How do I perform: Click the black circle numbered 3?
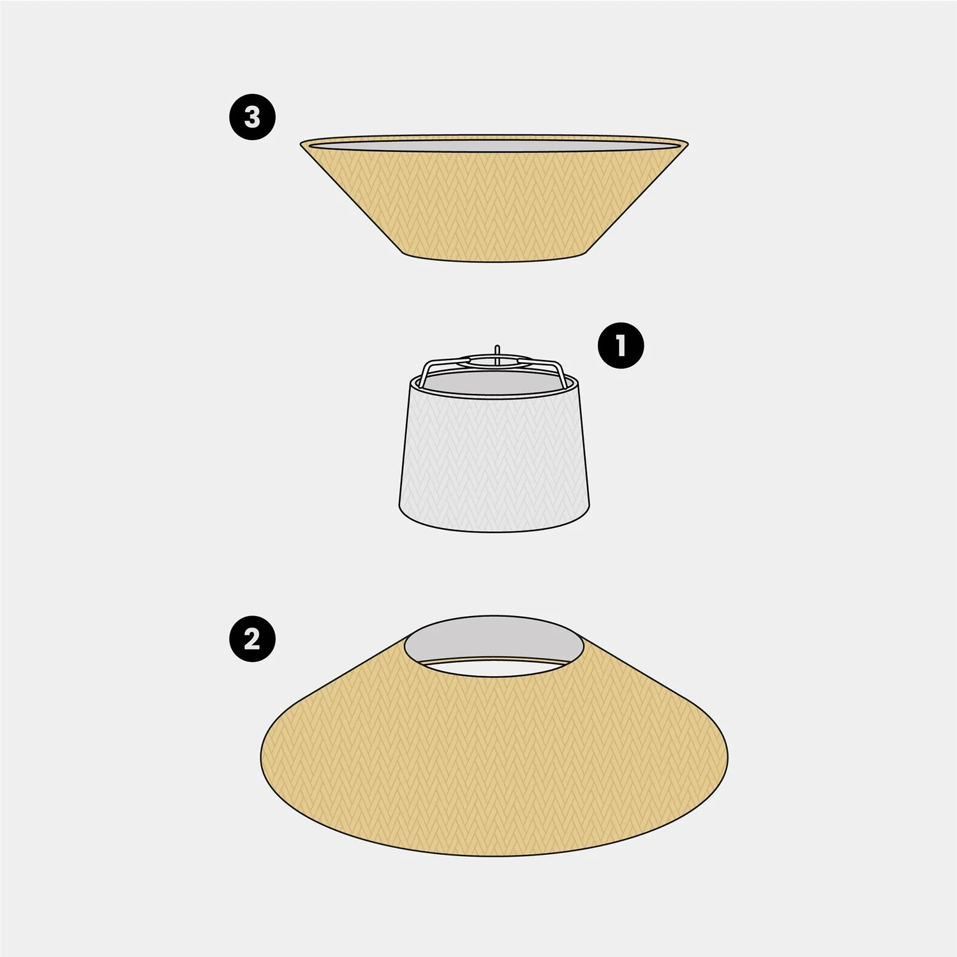point(253,117)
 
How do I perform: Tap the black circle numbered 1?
point(621,345)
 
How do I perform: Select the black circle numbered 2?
point(253,638)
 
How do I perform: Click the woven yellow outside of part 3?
point(494,204)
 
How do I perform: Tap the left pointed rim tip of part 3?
point(301,144)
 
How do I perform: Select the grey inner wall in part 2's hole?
point(494,635)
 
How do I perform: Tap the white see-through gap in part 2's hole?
point(494,668)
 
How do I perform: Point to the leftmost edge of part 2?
point(262,757)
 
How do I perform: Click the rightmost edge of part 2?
point(728,757)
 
